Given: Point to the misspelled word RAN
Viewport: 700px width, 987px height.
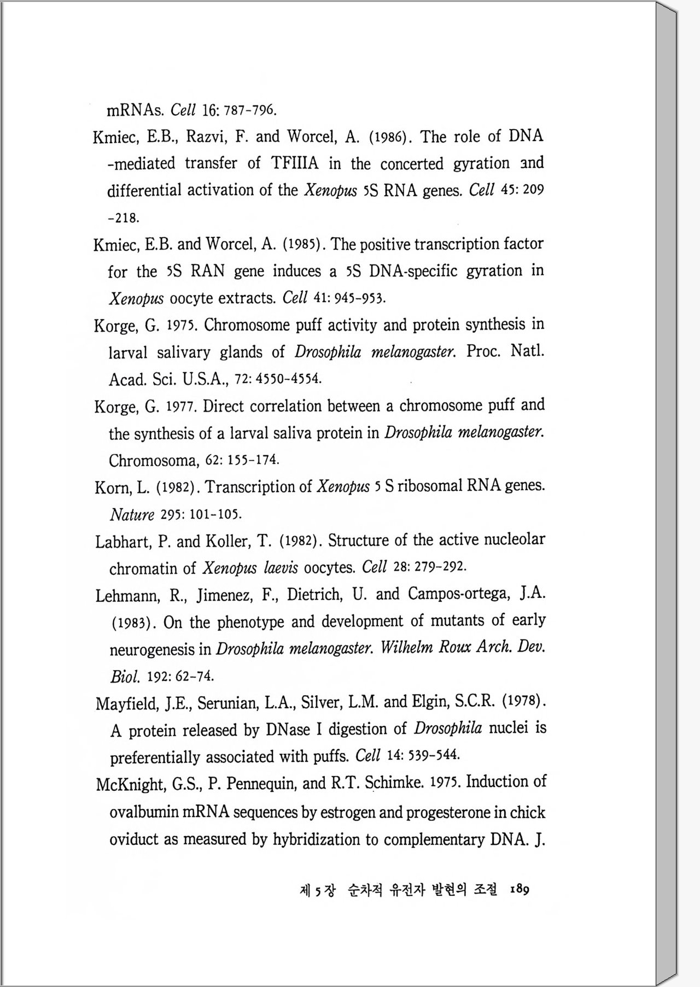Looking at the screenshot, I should point(207,271).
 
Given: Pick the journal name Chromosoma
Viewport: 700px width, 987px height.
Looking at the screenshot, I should point(153,461).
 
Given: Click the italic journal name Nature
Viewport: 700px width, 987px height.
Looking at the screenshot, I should point(132,515).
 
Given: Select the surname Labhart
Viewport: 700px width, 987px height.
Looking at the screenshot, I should point(124,542).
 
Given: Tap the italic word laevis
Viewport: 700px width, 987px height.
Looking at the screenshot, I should point(281,568).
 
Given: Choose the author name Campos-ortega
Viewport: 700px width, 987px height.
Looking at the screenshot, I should point(458,594).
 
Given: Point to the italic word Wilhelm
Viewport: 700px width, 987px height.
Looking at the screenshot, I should point(406,648).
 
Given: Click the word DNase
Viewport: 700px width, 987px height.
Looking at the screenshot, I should point(288,730).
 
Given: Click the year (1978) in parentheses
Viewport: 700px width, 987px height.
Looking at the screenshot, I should point(524,701).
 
